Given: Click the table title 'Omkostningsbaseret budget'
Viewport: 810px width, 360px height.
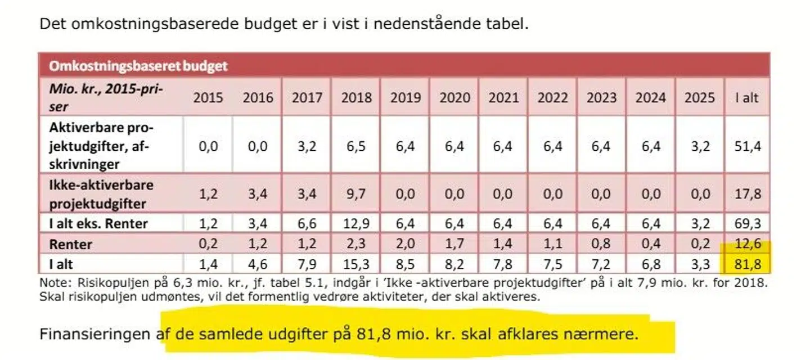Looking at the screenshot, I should click(138, 66).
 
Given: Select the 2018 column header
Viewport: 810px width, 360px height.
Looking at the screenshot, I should click(356, 97).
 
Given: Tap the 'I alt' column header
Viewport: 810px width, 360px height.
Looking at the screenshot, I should click(747, 97).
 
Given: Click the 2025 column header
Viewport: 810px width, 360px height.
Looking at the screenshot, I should click(699, 97).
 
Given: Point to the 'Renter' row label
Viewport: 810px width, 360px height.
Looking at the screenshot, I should click(70, 245).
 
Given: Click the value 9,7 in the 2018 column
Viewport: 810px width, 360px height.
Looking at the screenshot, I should click(356, 194).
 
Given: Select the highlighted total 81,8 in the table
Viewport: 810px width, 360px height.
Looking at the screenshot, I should click(747, 263).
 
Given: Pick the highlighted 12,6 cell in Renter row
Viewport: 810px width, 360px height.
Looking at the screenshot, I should click(747, 245).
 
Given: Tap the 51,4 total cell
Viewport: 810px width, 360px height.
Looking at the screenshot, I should click(747, 146).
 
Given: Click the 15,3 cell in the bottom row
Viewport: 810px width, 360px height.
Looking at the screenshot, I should click(356, 263).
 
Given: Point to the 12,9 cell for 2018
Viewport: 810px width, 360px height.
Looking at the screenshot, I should click(356, 223).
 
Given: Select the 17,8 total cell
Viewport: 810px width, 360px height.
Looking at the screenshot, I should click(747, 194).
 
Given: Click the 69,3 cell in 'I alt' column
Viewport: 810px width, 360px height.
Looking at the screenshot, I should click(747, 223).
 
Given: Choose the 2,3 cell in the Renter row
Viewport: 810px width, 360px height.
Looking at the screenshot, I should click(356, 245).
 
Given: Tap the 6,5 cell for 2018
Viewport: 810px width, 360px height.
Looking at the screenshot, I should click(356, 146).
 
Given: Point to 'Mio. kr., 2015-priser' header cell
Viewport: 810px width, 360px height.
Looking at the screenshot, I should click(107, 97).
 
